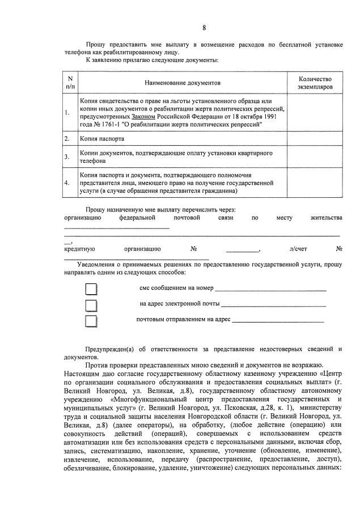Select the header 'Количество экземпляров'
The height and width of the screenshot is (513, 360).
pyautogui.click(x=315, y=83)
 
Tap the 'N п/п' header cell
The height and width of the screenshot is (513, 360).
pyautogui.click(x=70, y=83)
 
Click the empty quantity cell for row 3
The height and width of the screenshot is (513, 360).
pyautogui.click(x=315, y=156)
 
